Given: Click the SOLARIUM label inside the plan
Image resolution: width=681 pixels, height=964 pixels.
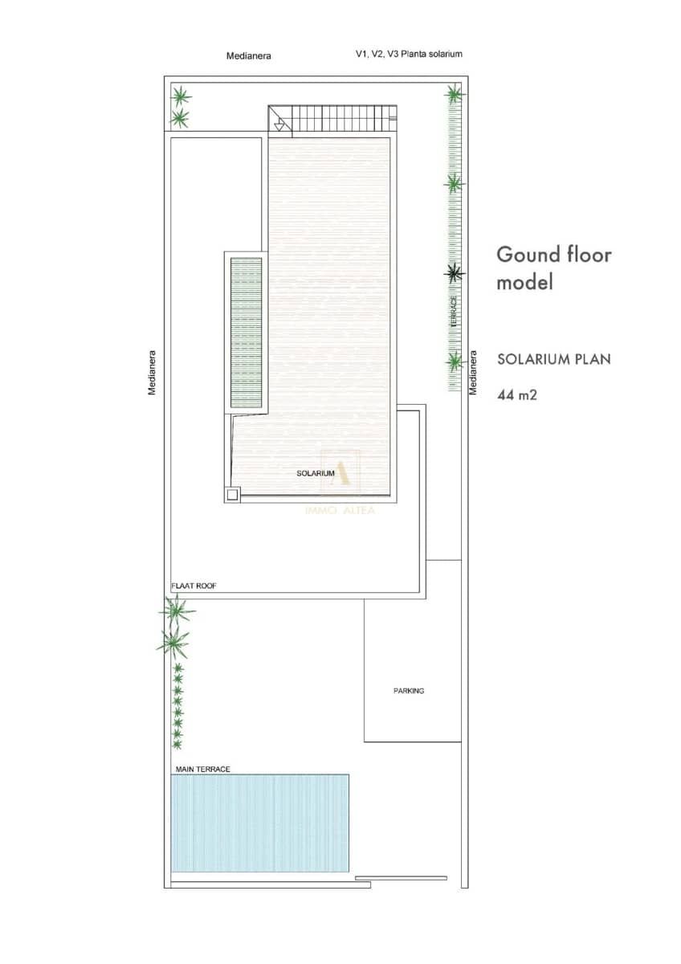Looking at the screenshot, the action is coord(316,473).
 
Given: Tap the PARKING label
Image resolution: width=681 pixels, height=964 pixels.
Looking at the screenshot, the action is coord(409,691).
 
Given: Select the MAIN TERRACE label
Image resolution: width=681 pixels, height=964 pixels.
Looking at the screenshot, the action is coord(202,769).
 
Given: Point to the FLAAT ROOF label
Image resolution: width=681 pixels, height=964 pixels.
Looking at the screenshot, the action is coord(194,586).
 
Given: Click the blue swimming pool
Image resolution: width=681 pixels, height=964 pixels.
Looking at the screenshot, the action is coord(260,823).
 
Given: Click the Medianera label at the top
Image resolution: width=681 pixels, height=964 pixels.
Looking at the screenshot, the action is coord(249,55).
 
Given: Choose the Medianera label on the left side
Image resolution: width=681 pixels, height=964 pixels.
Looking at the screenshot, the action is coord(152,373).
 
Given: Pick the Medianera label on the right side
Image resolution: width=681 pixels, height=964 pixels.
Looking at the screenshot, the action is coord(473,373).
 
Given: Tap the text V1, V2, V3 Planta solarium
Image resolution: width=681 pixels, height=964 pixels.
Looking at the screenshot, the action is coord(409,54).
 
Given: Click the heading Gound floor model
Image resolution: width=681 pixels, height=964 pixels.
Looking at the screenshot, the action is coord(553,268).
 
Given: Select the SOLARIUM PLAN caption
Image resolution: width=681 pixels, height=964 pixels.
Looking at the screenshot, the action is coord(554,359).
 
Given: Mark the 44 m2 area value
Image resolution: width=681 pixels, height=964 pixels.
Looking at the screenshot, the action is coord(517,394).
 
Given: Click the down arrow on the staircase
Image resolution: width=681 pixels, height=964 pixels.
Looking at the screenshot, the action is coord(279,125).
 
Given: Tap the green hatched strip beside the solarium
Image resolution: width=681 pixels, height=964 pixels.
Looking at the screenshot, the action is coord(246,333).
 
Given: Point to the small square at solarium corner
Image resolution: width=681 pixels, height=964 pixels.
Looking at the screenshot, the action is coord(232,495).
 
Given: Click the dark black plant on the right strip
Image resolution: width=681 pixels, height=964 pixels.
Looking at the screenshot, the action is coord(455,273).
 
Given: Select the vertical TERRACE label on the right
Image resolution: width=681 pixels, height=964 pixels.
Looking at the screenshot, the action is coord(454,311).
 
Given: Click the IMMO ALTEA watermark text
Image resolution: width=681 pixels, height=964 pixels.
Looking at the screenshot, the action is coord(340,510).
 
